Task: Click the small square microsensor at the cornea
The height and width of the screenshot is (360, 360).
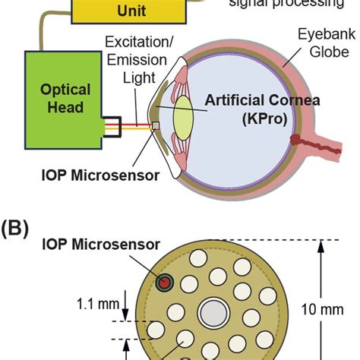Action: click(x=155, y=125)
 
